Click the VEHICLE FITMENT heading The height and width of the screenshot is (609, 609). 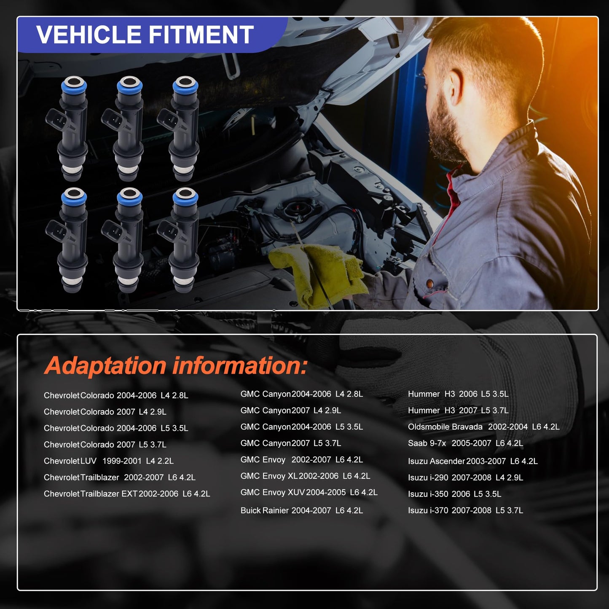tap(145, 35)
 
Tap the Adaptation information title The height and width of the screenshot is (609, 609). tap(176, 365)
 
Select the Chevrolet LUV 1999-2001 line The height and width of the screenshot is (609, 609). tap(109, 461)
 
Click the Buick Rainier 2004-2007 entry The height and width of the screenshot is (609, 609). tap(301, 510)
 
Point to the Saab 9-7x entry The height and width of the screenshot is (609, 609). tap(465, 443)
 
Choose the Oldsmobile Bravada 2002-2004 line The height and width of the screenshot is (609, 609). tap(483, 427)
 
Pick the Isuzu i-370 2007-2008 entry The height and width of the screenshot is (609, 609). tap(465, 510)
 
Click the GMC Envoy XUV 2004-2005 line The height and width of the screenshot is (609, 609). tap(309, 492)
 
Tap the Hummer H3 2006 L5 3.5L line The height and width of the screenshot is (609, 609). tap(458, 394)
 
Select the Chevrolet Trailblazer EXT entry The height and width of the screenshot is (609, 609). tap(127, 494)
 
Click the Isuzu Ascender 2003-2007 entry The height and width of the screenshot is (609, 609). tap(472, 461)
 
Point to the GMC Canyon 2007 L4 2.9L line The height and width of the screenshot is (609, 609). tap(290, 410)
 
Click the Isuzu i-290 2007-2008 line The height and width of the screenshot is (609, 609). tap(465, 478)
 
